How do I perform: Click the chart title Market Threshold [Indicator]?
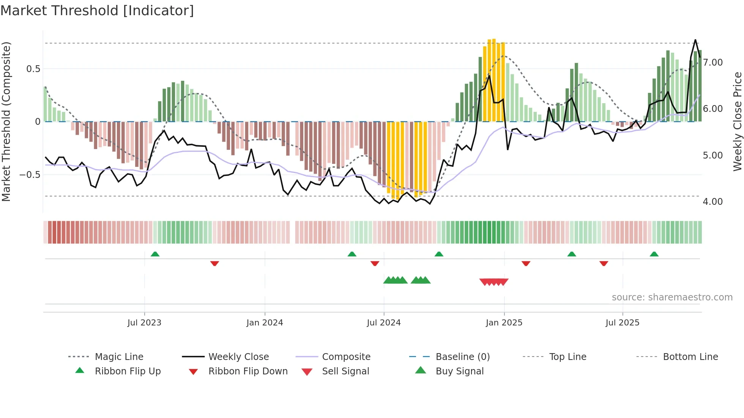[x=97, y=11]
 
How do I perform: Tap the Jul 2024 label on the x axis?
[x=383, y=323]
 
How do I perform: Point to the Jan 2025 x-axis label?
[x=504, y=323]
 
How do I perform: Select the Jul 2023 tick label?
[x=144, y=323]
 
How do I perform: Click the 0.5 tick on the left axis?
[x=33, y=69]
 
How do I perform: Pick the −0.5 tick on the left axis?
[x=30, y=175]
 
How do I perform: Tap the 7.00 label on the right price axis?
[x=712, y=63]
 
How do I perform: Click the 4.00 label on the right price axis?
[x=712, y=202]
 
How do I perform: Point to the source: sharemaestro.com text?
[x=672, y=297]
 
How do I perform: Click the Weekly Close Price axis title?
[x=737, y=121]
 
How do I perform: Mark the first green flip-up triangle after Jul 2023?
[x=155, y=254]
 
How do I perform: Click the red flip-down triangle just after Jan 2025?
[x=526, y=263]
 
